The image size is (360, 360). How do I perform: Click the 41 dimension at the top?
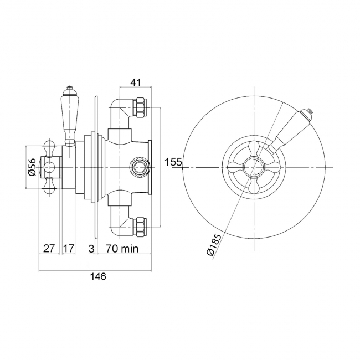pos(136,82)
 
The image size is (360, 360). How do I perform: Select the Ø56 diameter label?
pos(32,167)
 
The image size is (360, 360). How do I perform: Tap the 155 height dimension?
pos(173,162)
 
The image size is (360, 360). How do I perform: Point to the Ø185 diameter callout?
pos(214,245)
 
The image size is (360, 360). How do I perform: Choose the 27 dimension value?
pos(49,249)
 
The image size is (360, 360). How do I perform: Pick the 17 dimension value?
pos(69,249)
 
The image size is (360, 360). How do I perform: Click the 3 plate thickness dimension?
pos(91,249)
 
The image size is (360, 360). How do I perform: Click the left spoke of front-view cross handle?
pos(236,167)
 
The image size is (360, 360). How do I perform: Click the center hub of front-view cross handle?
pos(254,167)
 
